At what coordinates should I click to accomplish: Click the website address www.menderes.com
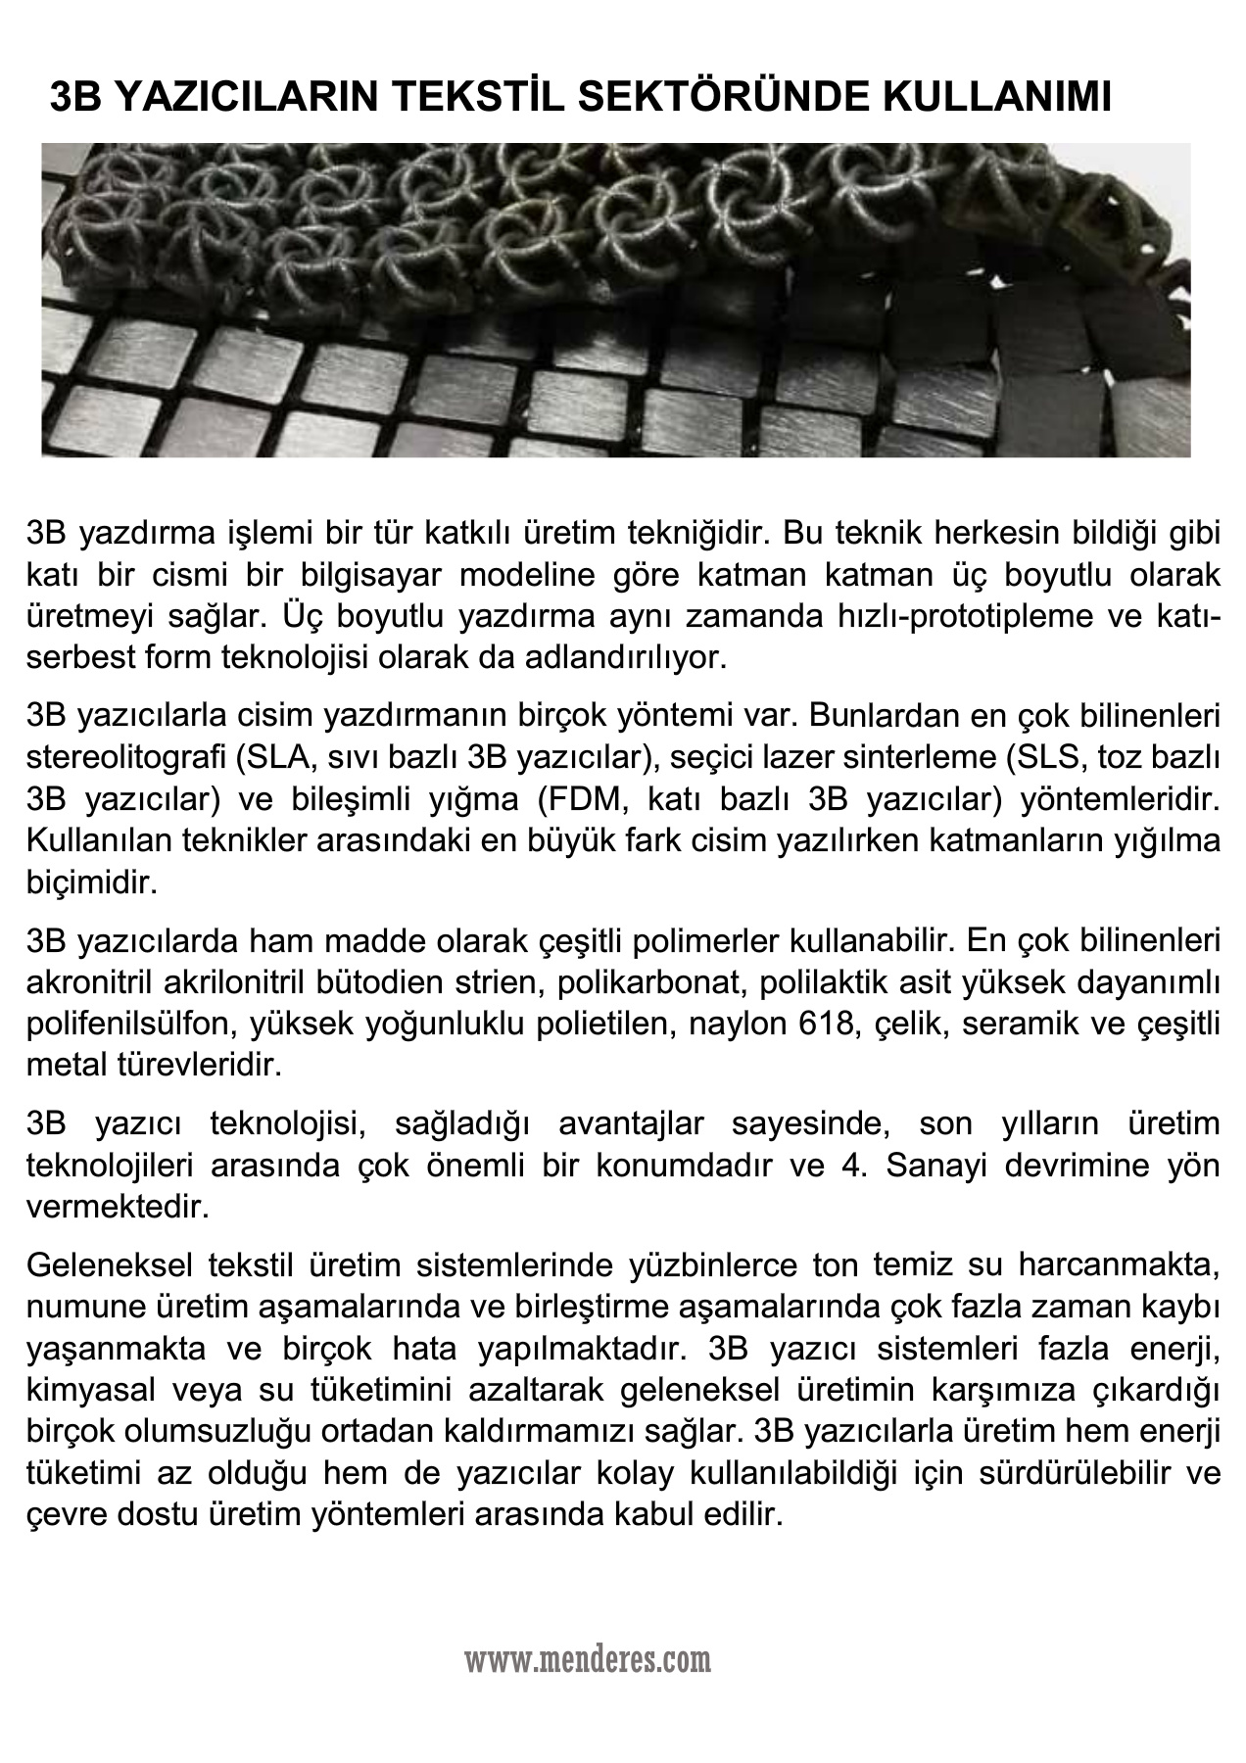point(588,1659)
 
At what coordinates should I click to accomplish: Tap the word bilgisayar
point(370,574)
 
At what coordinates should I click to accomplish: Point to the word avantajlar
point(632,1124)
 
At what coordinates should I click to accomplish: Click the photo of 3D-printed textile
point(615,300)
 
